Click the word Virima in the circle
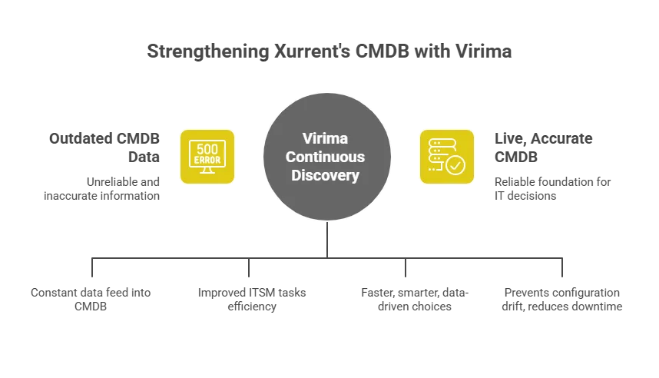[329, 140]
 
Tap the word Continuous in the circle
[329, 157]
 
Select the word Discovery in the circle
[329, 175]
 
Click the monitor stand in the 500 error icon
[207, 174]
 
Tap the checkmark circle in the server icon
[455, 165]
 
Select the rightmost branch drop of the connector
[563, 269]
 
